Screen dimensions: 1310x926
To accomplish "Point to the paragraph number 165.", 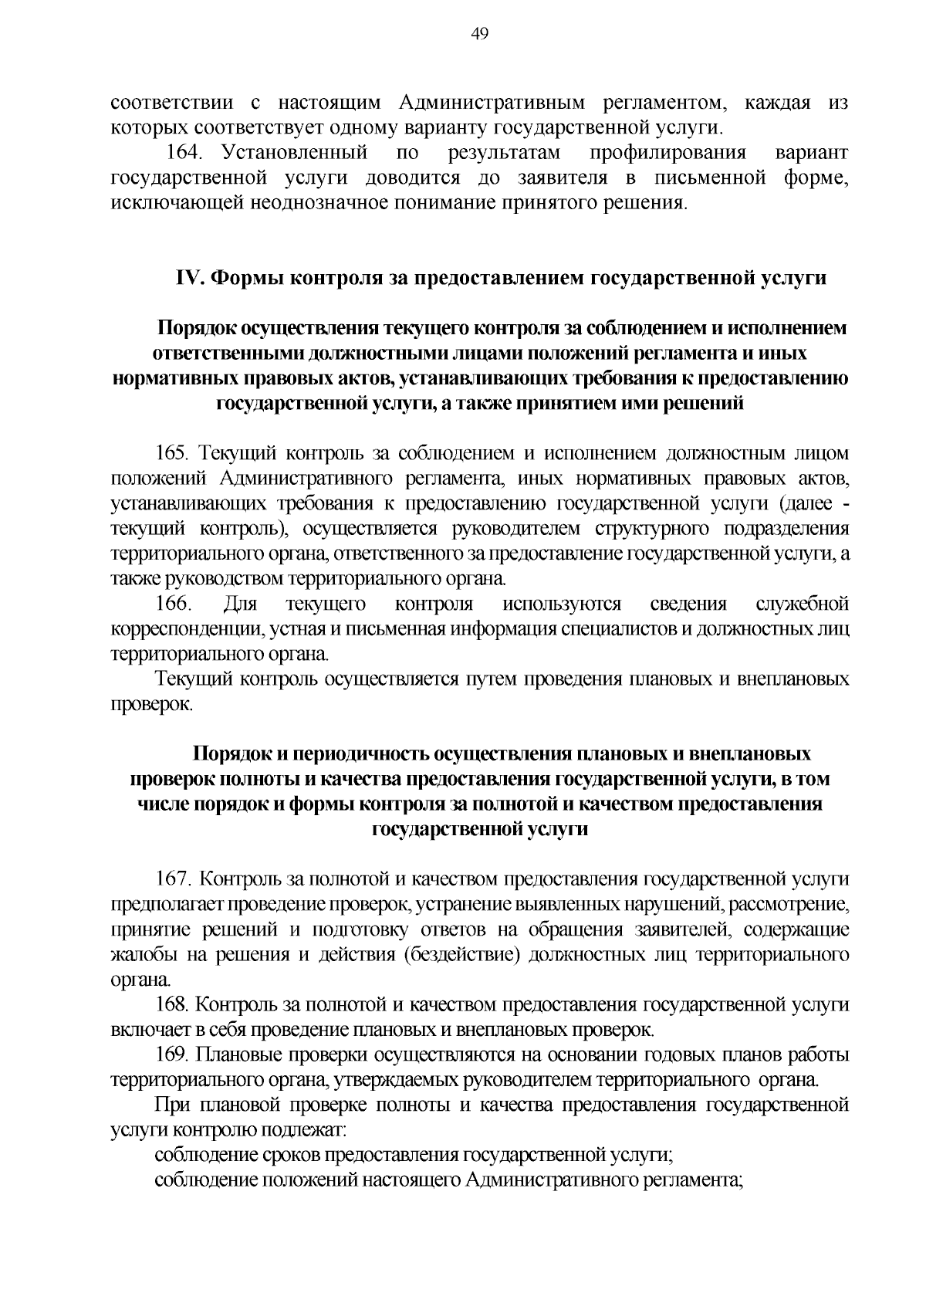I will tap(175, 453).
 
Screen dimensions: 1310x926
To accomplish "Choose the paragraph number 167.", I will tap(175, 878).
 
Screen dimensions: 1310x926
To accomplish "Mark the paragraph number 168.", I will tap(174, 1005).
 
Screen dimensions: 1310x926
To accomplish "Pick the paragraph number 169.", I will tap(174, 1055).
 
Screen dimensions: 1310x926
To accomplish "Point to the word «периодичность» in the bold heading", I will tap(352, 753).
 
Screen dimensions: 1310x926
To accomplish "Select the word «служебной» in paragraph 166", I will tap(803, 604).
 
